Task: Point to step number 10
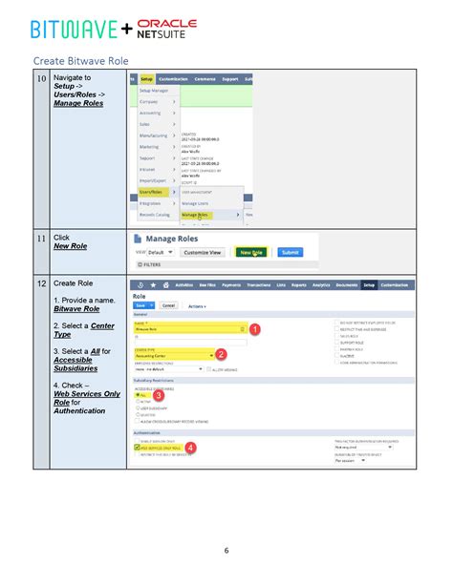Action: click(41, 79)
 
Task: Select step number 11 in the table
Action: click(41, 238)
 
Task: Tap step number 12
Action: click(41, 283)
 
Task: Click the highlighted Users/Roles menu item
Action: click(152, 191)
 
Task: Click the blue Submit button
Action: click(290, 252)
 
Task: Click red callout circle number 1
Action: click(254, 328)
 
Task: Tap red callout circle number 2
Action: click(222, 354)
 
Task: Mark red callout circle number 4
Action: click(190, 446)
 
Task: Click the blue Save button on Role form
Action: click(141, 304)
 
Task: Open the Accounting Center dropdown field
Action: click(172, 355)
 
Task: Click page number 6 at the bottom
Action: click(226, 550)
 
